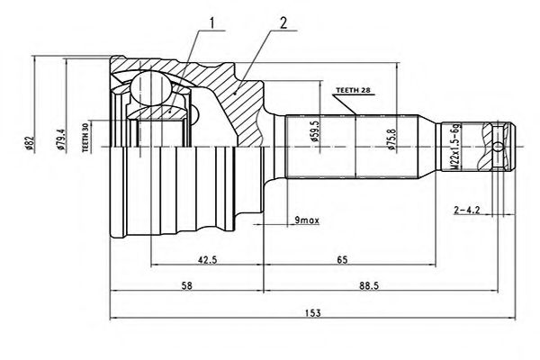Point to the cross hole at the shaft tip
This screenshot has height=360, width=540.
tap(499, 146)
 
